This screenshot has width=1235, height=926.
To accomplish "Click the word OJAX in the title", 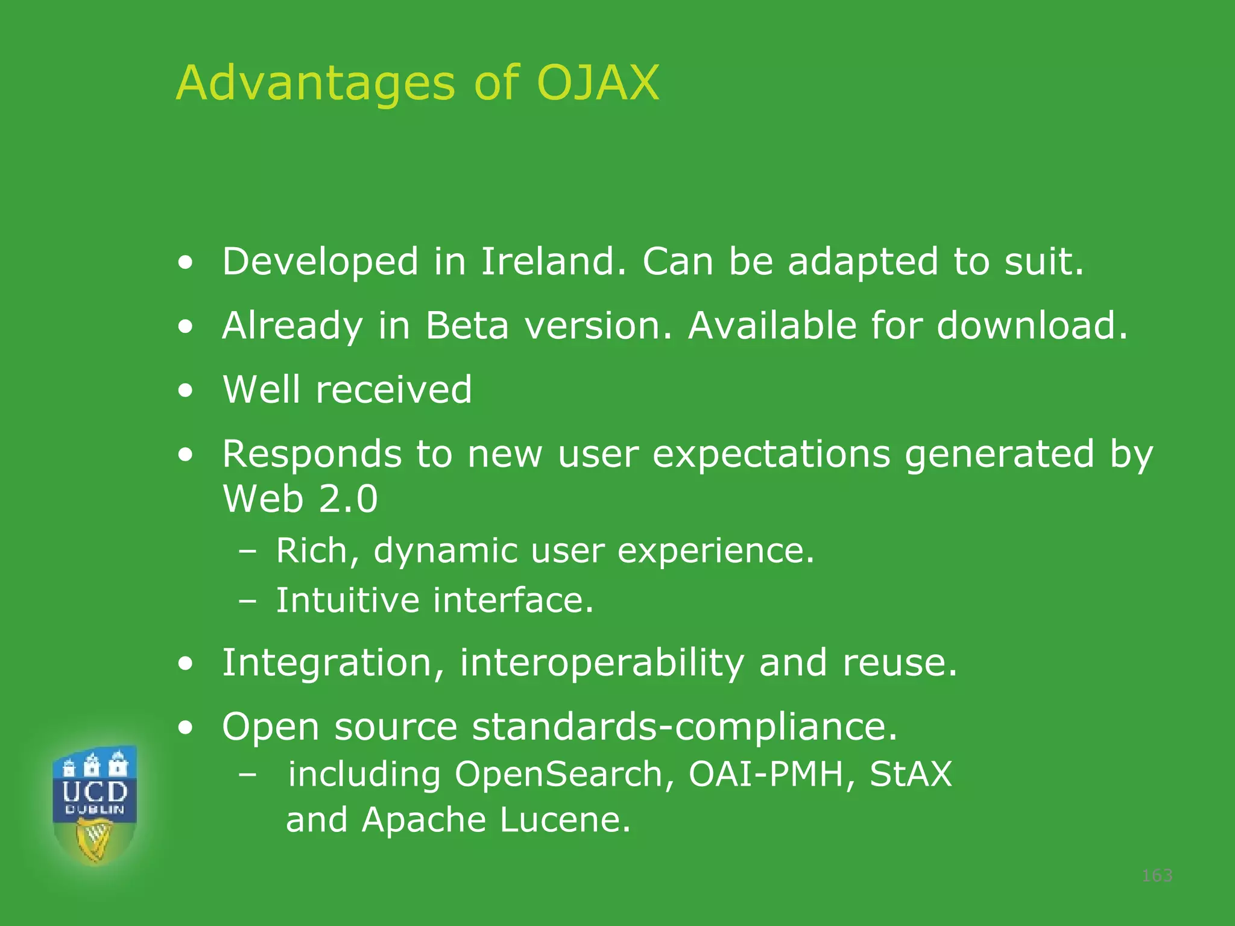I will click(x=598, y=83).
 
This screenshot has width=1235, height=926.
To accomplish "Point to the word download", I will click(x=1031, y=326).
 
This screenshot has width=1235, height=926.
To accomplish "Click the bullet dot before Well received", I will click(x=186, y=390).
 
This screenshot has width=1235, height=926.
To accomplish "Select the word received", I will click(x=394, y=389).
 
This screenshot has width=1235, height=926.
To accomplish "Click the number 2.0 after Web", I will click(x=348, y=499).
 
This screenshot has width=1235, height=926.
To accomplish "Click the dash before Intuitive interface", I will click(x=247, y=601).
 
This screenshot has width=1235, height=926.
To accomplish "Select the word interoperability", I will click(x=602, y=663).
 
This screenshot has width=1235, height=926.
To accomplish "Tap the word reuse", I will click(x=899, y=663).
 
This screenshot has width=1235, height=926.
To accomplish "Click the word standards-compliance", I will click(x=684, y=726).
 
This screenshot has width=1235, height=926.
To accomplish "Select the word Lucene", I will click(x=565, y=820).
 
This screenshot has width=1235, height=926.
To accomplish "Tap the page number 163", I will click(x=1157, y=875).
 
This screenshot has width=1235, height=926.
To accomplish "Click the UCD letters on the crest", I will click(x=95, y=791).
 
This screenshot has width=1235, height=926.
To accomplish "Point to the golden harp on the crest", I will click(x=94, y=839).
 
